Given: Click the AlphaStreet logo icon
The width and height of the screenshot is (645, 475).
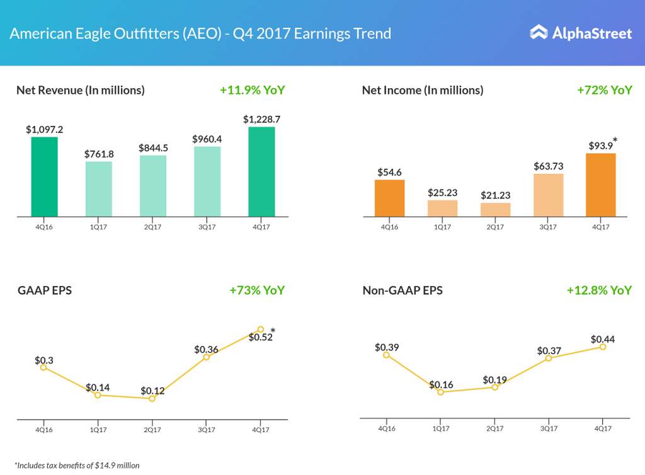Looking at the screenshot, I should (539, 32).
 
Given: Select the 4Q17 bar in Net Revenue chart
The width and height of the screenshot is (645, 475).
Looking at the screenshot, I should (261, 172).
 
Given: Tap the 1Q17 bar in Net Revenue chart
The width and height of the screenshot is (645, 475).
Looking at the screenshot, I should (99, 189).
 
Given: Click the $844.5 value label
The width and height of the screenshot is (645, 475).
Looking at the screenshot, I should (153, 148).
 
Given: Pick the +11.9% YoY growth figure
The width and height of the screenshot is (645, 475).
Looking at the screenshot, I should (252, 90).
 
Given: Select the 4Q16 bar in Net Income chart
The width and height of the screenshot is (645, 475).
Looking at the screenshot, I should (389, 198).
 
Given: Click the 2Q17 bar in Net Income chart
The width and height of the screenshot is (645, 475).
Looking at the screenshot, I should (495, 210).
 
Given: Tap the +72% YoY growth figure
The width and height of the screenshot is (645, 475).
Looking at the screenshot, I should (604, 90).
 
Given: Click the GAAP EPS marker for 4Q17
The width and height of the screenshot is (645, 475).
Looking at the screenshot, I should (260, 329).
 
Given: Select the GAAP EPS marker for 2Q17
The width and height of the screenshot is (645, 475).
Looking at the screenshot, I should (152, 398).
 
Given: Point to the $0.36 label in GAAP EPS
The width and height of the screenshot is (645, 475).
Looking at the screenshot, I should (206, 349).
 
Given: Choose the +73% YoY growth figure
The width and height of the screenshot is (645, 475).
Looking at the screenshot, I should (257, 290).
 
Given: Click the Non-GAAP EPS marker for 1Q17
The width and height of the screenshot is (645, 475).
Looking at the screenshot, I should (441, 392).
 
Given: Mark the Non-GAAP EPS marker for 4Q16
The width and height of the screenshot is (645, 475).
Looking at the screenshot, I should (386, 355).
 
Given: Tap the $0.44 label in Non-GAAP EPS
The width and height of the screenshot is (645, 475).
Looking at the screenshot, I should (603, 339).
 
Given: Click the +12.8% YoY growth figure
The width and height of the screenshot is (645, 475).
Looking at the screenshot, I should (598, 290).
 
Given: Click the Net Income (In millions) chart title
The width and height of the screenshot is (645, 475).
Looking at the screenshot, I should (423, 90).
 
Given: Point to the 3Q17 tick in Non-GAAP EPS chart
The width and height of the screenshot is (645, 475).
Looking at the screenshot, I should (549, 428).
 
